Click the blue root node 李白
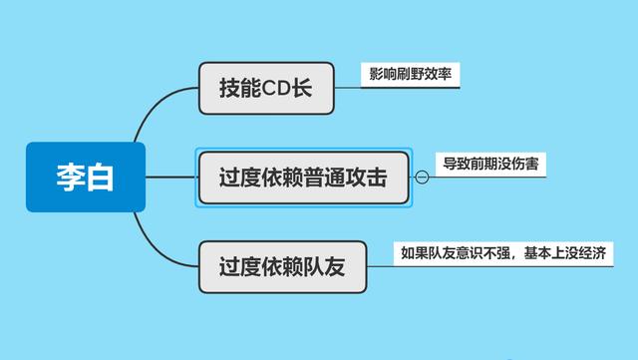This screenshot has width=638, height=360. [x=85, y=178]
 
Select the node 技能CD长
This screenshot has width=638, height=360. [x=265, y=87]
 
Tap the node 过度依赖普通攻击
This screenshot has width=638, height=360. [x=303, y=178]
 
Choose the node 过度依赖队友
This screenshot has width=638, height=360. [x=281, y=267]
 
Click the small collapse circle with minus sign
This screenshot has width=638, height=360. [x=421, y=178]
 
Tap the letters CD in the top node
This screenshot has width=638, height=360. [x=277, y=87]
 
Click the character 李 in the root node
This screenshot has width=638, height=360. [x=70, y=178]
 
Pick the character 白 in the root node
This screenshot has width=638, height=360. [x=100, y=178]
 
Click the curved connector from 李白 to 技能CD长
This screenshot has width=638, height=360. [x=159, y=110]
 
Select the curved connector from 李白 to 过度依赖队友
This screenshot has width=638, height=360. [x=159, y=245]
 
